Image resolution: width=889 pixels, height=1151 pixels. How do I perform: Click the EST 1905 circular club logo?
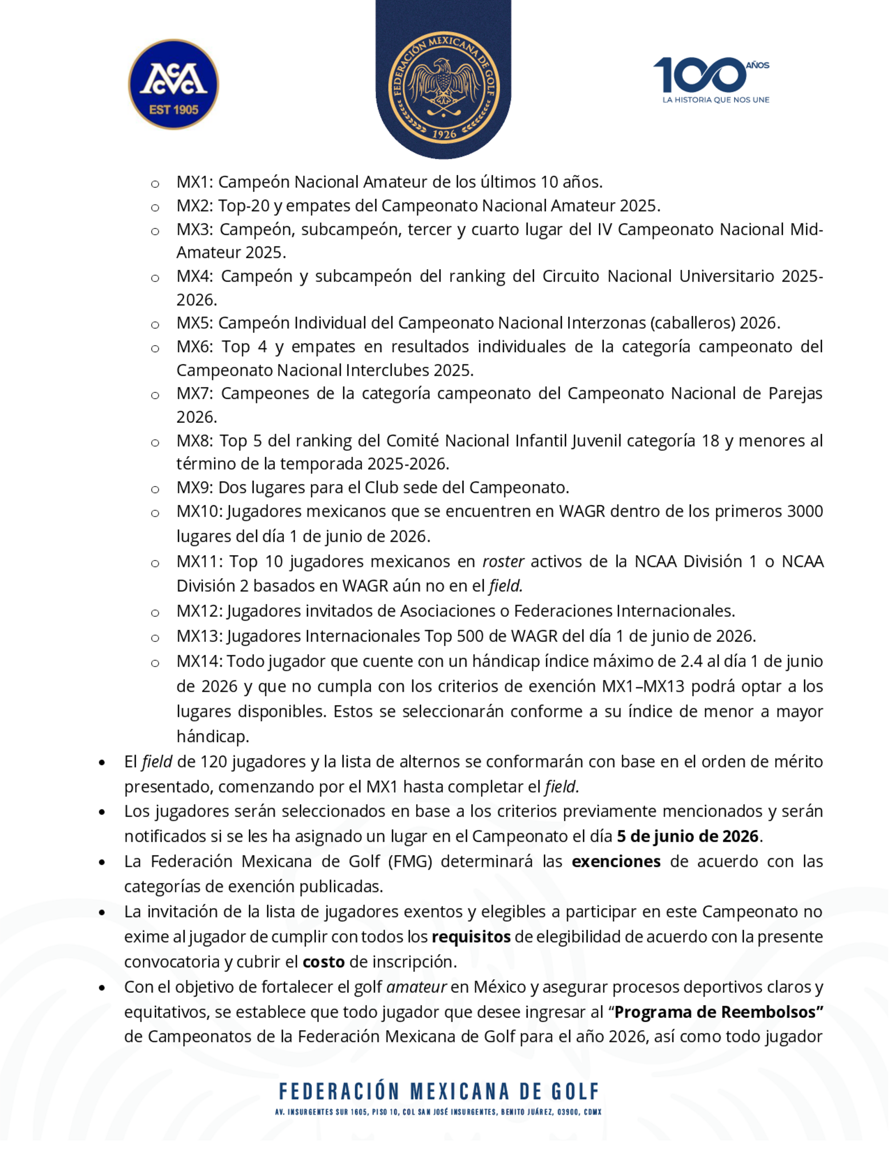173,85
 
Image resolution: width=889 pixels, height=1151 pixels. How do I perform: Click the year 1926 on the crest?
444,134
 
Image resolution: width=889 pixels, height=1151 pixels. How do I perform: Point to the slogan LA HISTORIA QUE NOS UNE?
716,100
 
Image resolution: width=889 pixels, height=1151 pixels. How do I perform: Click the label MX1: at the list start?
194,182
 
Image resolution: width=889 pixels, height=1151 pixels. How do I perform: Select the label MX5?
194,323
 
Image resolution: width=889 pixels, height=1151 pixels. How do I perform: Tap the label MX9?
194,487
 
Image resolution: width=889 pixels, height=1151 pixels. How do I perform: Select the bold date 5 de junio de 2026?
687,837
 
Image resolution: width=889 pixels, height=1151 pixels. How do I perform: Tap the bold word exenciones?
616,861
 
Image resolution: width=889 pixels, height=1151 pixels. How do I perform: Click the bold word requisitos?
471,937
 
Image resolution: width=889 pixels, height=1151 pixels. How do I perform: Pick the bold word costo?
323,962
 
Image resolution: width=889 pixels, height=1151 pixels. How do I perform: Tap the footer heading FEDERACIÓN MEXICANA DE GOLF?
439,1091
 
